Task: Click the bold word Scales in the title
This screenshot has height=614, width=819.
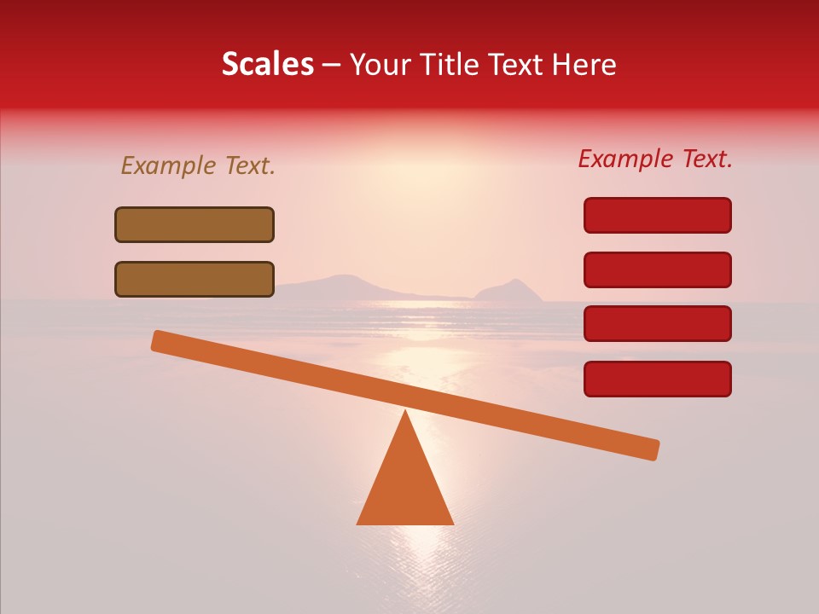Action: tap(267, 65)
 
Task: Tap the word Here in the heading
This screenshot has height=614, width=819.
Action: tap(585, 65)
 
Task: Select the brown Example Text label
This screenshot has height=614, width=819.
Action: tap(198, 166)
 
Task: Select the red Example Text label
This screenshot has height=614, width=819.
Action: tap(655, 159)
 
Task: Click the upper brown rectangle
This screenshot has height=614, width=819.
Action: tap(195, 224)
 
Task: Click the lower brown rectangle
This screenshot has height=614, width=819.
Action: tap(195, 279)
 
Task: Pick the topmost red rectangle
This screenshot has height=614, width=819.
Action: tap(658, 215)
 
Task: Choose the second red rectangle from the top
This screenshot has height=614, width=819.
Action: tap(658, 269)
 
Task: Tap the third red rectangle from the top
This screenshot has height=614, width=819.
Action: tap(658, 324)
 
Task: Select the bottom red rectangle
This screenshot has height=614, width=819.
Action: tap(658, 379)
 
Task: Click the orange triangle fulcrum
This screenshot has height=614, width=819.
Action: tap(405, 486)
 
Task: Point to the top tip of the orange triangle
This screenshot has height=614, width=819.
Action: tap(405, 414)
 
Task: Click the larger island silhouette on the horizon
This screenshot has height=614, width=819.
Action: tap(346, 285)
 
